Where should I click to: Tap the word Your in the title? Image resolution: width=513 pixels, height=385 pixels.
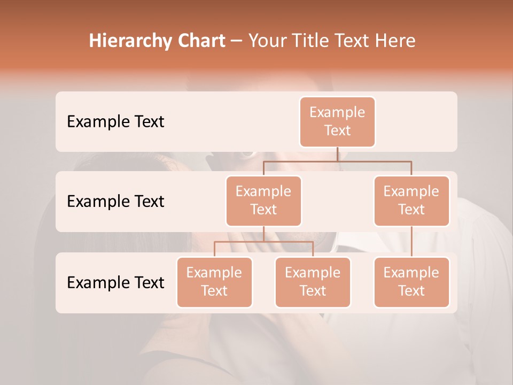[267, 41]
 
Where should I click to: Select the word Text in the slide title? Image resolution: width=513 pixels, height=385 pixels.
[353, 41]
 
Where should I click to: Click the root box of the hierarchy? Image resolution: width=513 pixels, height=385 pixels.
[337, 121]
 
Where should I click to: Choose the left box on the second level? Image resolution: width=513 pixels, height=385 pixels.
[263, 201]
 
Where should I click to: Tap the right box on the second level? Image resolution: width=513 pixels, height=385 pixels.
[411, 201]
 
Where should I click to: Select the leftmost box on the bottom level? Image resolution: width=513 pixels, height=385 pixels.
[214, 282]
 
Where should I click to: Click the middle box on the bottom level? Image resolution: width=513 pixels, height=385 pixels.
[313, 282]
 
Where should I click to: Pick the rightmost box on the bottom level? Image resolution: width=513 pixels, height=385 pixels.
[411, 282]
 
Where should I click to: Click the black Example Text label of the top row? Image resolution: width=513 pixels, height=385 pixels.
[115, 122]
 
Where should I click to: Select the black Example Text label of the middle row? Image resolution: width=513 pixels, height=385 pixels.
[115, 202]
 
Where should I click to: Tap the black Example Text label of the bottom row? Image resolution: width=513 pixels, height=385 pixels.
[115, 283]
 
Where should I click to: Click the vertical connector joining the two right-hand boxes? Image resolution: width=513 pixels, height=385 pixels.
[411, 242]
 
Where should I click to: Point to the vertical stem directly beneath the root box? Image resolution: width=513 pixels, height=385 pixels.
[337, 154]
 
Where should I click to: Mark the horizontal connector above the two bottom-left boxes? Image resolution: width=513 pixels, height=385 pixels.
[263, 242]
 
